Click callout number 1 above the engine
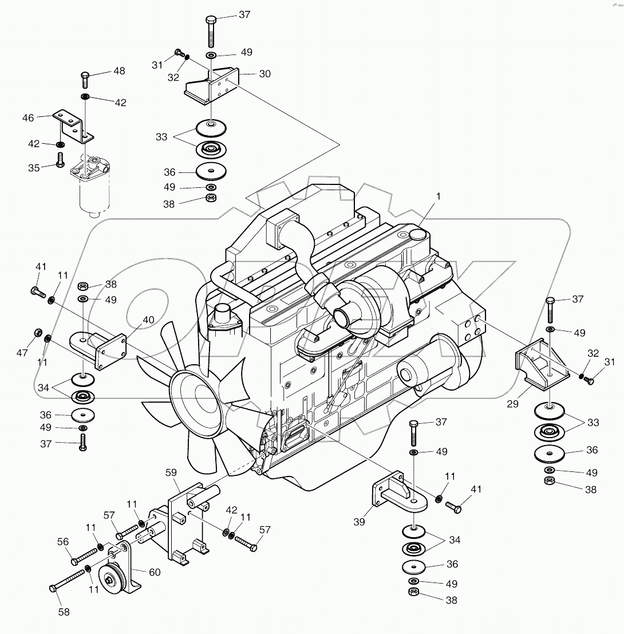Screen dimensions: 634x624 438,196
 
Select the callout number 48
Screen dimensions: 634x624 119,72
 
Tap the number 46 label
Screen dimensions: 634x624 28,117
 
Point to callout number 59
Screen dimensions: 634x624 171,473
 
